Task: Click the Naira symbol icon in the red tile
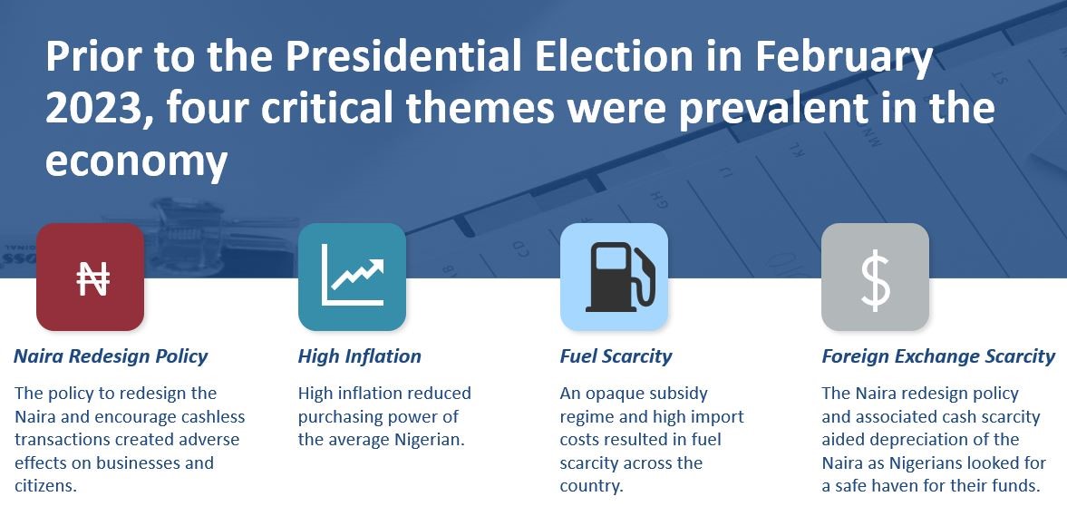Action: click(92, 277)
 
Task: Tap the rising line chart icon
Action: click(353, 275)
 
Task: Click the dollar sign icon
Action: click(875, 278)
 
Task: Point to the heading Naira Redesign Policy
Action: click(111, 356)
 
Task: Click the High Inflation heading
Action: click(359, 356)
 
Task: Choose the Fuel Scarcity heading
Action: click(616, 356)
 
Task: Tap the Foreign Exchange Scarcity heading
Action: click(938, 356)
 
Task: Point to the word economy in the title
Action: click(136, 161)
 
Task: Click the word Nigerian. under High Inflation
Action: click(430, 440)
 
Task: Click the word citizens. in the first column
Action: click(45, 486)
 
